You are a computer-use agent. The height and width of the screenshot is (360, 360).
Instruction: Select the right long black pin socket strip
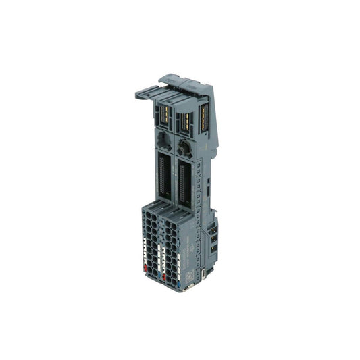pos(182,184)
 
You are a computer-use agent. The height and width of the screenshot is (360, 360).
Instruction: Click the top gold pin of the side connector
pos(215,232)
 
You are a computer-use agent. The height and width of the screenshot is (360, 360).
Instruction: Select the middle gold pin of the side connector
pos(215,240)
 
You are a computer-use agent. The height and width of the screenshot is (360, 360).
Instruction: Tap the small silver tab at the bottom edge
pos(194,288)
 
